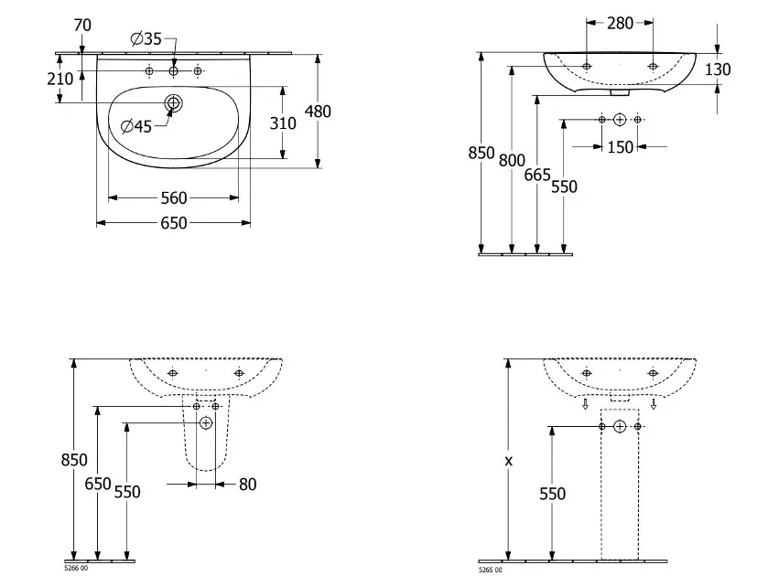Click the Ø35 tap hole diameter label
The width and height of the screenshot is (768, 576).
[x=146, y=38]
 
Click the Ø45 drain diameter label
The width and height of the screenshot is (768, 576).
[x=136, y=127]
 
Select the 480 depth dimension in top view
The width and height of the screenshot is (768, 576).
[x=318, y=112]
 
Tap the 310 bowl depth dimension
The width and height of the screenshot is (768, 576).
[x=283, y=123]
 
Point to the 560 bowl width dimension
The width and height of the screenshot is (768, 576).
[x=174, y=198]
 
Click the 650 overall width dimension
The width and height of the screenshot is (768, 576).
[x=174, y=223]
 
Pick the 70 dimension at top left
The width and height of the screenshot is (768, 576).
[x=82, y=25]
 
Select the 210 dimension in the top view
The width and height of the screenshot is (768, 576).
[x=59, y=79]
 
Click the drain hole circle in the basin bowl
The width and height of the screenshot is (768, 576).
[x=173, y=102]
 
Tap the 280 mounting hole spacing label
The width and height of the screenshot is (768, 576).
[x=620, y=23]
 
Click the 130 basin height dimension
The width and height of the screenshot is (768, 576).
[x=718, y=69]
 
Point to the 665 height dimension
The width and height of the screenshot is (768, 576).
[x=537, y=175]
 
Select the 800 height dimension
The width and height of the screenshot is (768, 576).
[x=512, y=161]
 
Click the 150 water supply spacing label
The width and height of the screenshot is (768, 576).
[x=620, y=147]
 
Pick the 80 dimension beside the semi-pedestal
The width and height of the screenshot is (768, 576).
[x=248, y=485]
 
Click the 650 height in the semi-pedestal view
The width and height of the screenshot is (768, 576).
[x=98, y=484]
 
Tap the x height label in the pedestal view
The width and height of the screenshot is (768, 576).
[x=508, y=461]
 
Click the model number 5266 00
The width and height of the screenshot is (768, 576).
[x=76, y=568]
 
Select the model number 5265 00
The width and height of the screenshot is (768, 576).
[x=490, y=571]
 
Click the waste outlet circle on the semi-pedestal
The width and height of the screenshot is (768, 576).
[x=206, y=422]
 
